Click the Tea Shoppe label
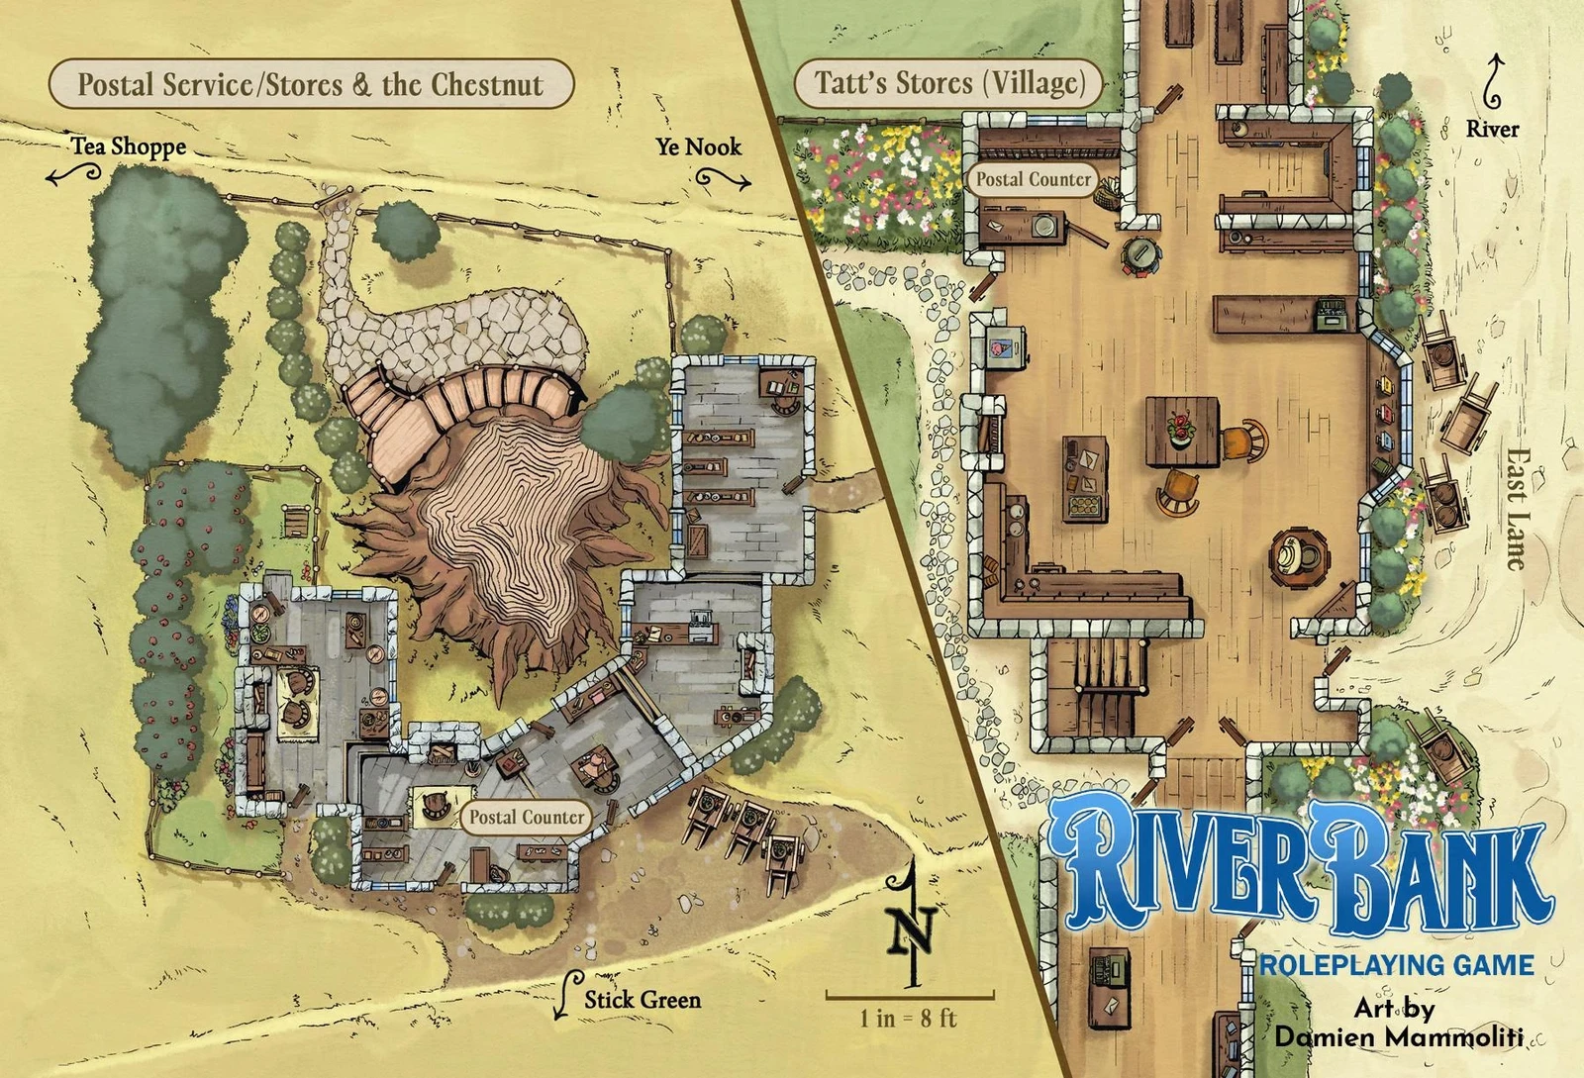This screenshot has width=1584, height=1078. coord(129,147)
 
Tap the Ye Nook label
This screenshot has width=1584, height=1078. coord(698,147)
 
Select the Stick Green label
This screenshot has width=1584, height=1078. coord(642,999)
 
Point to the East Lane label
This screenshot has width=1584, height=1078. coord(1516,509)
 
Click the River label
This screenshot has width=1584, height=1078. coord(1492,129)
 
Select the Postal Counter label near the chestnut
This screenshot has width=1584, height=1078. coord(526,817)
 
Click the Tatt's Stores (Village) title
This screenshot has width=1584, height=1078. coord(949,83)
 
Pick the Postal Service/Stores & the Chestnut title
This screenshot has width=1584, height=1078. coord(310,84)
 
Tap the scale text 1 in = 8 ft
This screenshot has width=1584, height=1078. coord(908,1018)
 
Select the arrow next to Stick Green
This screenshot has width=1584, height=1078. coord(565,995)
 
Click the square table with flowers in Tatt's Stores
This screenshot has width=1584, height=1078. coord(1182,431)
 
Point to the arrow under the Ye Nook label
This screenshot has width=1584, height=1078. coord(723,179)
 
